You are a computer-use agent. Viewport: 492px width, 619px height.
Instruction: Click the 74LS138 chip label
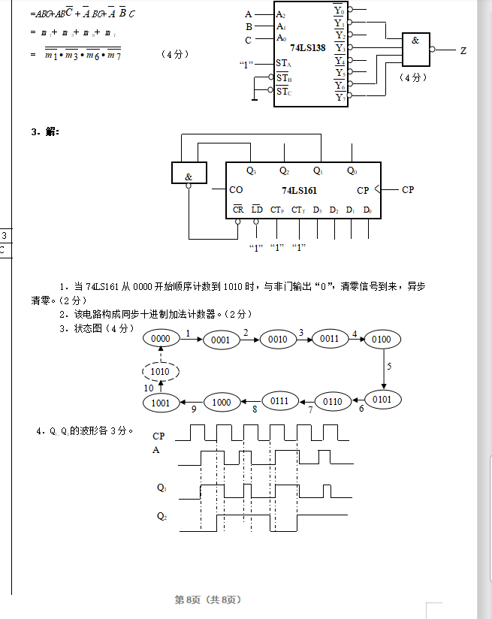(x=307, y=47)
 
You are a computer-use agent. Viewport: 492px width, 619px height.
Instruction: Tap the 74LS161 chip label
(x=300, y=191)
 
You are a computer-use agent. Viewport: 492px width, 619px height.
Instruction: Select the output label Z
(x=463, y=51)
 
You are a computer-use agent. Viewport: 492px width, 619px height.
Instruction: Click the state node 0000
(x=161, y=339)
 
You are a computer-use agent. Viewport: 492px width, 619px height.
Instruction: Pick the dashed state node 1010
(x=160, y=371)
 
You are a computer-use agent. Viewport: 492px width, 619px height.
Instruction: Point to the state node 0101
(x=382, y=399)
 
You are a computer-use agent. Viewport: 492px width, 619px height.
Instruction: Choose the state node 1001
(x=161, y=403)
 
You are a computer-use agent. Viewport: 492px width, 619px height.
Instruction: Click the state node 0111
(x=279, y=402)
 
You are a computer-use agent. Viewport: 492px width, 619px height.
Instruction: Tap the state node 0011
(x=330, y=339)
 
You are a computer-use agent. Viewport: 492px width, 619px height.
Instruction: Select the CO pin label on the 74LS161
(x=236, y=190)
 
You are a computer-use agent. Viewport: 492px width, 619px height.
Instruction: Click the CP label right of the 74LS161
(x=408, y=190)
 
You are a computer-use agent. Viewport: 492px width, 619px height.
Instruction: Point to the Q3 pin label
(x=251, y=171)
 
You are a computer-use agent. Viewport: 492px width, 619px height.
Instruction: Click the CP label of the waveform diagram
(x=158, y=436)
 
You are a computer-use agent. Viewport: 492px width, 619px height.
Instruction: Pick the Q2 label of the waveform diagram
(x=161, y=516)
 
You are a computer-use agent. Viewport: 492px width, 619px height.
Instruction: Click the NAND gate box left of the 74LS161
(x=189, y=174)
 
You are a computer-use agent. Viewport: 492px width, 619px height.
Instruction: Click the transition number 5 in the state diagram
(x=389, y=367)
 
